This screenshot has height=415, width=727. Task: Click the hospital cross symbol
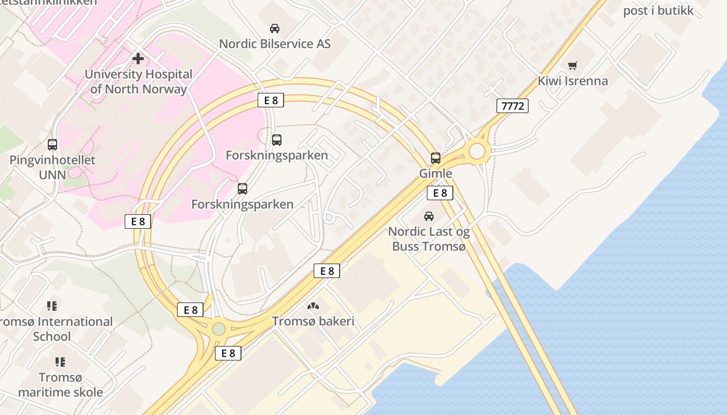(x=138, y=58)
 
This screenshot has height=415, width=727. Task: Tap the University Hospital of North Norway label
(x=138, y=81)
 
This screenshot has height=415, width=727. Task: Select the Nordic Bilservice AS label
(x=275, y=44)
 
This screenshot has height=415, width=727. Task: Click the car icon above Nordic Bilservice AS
(x=275, y=29)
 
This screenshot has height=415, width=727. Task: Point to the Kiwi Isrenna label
(x=572, y=81)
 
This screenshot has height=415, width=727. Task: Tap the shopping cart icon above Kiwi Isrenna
(x=572, y=66)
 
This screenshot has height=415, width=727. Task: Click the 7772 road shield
(x=513, y=106)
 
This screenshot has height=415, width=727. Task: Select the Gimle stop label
(x=436, y=173)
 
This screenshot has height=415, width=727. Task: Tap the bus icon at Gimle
(x=436, y=158)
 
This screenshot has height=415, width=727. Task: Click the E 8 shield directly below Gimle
(x=440, y=193)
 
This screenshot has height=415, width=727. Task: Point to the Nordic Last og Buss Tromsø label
(x=429, y=239)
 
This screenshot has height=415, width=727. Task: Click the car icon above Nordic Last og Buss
(x=429, y=216)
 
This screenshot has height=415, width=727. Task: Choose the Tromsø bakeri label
(x=313, y=321)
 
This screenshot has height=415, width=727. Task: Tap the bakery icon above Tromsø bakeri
(x=313, y=307)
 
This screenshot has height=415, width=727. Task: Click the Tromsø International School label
(x=55, y=329)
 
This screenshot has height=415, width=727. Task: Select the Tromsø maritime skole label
(x=60, y=384)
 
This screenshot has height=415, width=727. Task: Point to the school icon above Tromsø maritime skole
(x=60, y=362)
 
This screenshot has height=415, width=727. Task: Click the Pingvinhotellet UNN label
(x=52, y=167)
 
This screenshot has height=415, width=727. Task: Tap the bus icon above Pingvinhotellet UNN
(x=52, y=145)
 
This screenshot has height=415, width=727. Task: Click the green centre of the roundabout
(x=219, y=329)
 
